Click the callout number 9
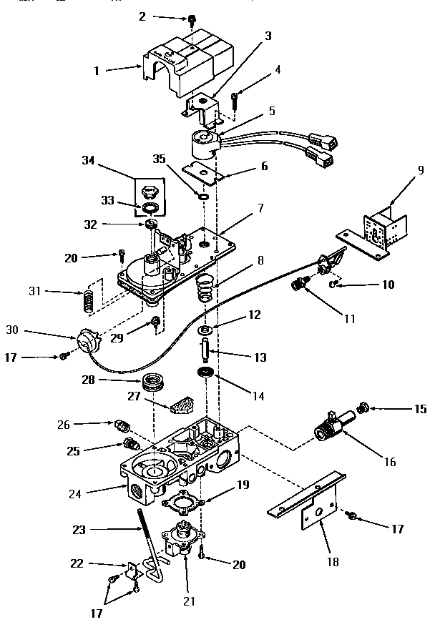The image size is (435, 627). pos(421,170)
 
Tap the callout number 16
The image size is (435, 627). pos(390,463)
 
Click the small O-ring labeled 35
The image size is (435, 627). pos(203,197)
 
